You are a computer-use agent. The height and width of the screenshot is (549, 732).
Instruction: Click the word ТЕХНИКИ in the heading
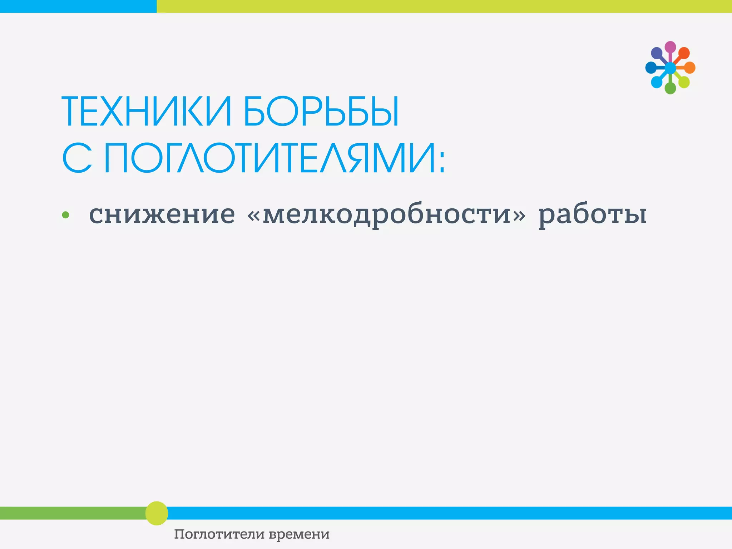point(147,112)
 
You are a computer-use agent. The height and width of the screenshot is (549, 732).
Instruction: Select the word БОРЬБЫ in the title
point(321,112)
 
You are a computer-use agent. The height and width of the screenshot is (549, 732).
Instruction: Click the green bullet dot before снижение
point(65,215)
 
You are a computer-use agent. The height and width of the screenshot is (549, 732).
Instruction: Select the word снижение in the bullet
point(162,214)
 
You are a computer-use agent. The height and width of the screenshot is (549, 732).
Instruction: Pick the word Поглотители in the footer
point(219,534)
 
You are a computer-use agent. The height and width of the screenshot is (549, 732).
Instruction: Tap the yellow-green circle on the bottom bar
point(157,513)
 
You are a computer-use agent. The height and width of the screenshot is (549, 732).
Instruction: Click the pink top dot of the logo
point(670,47)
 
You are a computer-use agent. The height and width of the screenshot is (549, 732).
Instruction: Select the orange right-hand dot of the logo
point(689,68)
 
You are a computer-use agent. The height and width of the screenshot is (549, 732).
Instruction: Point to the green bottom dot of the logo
point(670,88)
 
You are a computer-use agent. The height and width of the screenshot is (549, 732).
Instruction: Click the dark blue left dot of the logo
point(651,68)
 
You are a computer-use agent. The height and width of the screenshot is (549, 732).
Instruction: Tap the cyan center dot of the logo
point(670,68)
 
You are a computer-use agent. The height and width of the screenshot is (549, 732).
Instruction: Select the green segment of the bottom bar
point(71,513)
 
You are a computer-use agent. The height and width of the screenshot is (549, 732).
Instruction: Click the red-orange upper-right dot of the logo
point(684,53)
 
